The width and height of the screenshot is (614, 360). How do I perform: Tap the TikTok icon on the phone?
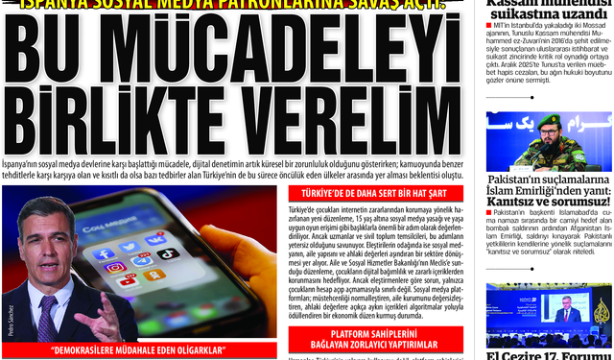(168, 254)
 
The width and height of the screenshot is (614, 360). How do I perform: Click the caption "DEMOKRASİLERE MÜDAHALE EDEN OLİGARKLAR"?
(139, 349)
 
